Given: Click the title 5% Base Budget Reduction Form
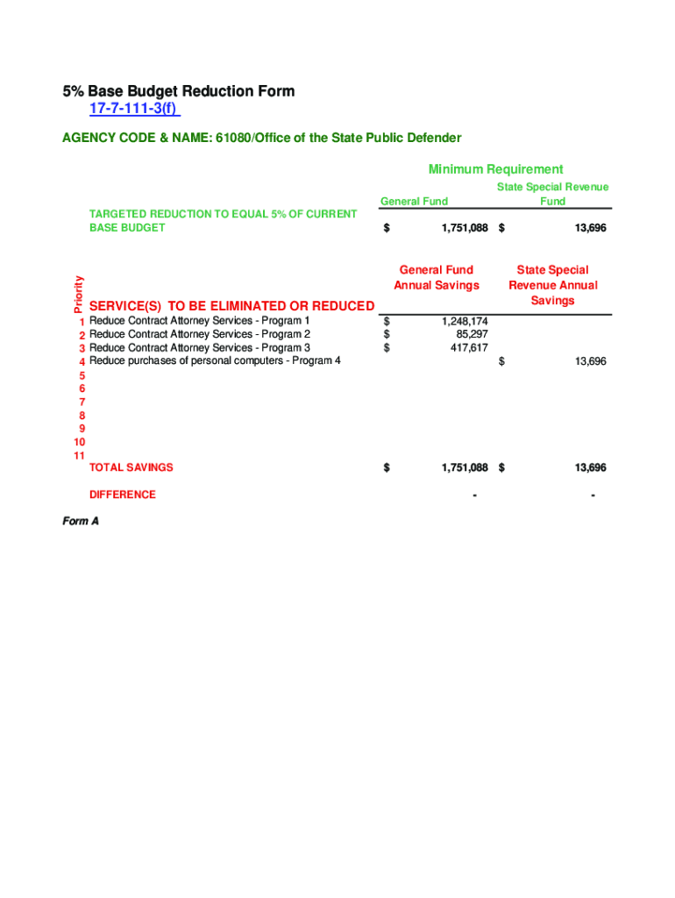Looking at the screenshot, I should (x=178, y=91).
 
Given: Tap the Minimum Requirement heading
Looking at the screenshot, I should (x=495, y=169).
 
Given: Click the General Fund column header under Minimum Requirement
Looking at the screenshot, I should (x=414, y=202).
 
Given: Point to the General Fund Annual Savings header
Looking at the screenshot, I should (x=437, y=277).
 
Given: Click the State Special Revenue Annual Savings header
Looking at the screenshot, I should (x=552, y=285).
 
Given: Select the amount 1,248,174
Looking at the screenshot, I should (x=460, y=322).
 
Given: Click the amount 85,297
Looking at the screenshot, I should (x=472, y=334).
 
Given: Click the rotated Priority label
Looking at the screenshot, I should (x=78, y=294).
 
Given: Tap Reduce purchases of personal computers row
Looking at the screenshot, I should (x=215, y=360).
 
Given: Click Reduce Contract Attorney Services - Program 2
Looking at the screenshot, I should (x=200, y=334).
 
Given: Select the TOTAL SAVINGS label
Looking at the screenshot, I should (x=131, y=467).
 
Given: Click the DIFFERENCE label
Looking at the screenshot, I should (x=123, y=495).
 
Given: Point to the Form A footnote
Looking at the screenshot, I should (x=80, y=521).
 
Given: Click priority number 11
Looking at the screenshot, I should (x=80, y=455).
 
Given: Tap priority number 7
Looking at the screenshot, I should (x=82, y=402).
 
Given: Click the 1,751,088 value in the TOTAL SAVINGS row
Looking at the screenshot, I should (x=464, y=467).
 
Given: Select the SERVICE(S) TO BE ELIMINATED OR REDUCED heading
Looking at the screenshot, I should (x=231, y=305).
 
